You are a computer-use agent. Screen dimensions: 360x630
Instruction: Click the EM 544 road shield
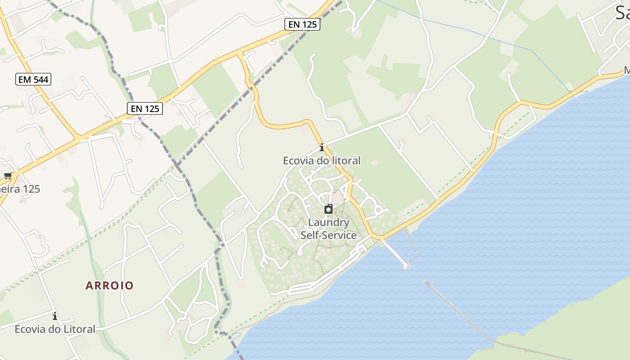34,80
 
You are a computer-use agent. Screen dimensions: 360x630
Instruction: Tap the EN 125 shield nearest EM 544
144,108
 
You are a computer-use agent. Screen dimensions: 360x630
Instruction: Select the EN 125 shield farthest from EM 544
302,25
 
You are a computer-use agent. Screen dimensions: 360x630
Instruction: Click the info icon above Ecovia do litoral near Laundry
321,148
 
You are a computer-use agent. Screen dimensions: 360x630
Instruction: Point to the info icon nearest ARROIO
55,316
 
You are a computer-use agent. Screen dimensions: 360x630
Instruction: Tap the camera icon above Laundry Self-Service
328,209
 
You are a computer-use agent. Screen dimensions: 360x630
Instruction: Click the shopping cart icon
8,176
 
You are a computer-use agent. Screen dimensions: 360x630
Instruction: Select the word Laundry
328,222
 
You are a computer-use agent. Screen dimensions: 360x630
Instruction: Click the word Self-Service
328,235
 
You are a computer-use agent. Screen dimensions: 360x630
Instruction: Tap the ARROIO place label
109,285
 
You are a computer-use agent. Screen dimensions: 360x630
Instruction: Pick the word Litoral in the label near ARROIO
79,329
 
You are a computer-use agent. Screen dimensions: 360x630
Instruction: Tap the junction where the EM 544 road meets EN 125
77,137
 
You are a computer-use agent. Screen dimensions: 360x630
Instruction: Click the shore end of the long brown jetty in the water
425,282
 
